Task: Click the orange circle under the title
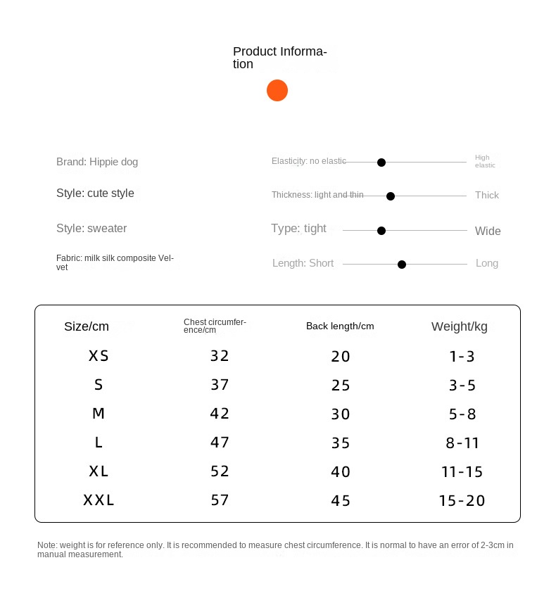point(277,91)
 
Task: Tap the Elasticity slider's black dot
point(381,163)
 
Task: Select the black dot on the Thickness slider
point(391,196)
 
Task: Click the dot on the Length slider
point(402,265)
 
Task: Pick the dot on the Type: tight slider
point(381,231)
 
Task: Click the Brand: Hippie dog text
point(97,162)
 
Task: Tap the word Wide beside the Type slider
point(488,231)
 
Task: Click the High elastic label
point(485,161)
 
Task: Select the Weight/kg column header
point(459,326)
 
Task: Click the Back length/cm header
point(340,326)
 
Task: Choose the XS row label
point(99,356)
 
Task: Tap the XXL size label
point(99,500)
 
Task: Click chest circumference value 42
point(220,414)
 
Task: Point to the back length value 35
point(341,443)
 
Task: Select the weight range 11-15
point(462,472)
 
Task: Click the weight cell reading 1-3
point(462,357)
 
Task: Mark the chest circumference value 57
point(220,500)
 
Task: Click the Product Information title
point(279,57)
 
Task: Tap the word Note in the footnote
point(47,545)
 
